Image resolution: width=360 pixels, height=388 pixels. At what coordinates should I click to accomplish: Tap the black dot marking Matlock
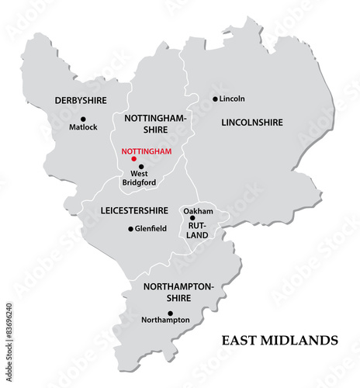click(x=83, y=119)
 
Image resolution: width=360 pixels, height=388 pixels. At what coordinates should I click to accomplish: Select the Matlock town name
click(x=83, y=127)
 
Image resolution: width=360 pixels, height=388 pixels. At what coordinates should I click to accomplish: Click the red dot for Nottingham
click(x=133, y=159)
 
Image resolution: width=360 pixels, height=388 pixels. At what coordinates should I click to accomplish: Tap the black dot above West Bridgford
click(x=141, y=166)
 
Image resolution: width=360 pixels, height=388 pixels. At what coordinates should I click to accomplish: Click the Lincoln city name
click(x=232, y=99)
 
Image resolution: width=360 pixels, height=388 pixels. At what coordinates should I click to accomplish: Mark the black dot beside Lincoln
click(x=215, y=99)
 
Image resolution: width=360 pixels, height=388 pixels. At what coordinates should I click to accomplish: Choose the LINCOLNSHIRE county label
click(x=252, y=123)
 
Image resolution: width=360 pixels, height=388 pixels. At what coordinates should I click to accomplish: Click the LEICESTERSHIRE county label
click(x=134, y=210)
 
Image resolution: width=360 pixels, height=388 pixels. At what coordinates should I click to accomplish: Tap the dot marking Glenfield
click(x=130, y=228)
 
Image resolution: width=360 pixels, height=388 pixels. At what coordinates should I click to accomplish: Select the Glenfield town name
click(x=150, y=228)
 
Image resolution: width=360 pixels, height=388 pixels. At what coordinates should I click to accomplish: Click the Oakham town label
click(x=197, y=210)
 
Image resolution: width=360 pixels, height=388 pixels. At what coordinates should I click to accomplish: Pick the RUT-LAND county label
click(x=199, y=230)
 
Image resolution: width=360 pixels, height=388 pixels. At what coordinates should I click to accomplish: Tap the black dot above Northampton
click(x=170, y=314)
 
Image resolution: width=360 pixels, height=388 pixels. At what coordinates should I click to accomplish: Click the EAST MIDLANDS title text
click(x=279, y=340)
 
